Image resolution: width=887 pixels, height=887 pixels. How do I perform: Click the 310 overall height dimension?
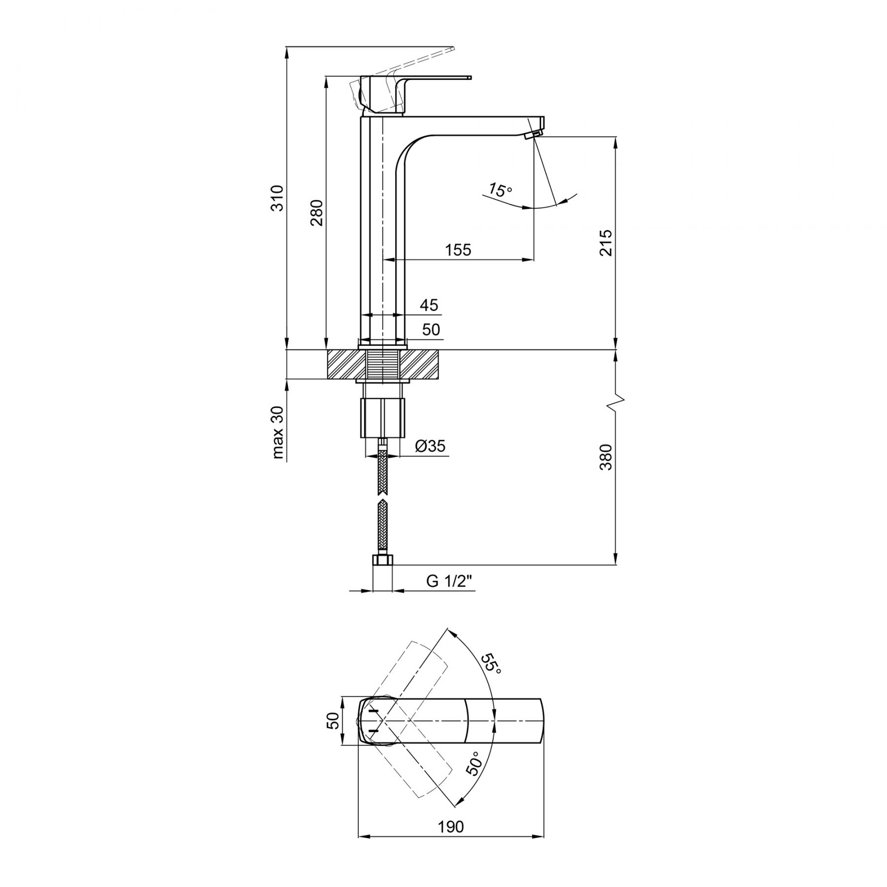(x=278, y=198)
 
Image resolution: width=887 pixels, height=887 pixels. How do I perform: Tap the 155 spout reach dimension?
(x=458, y=250)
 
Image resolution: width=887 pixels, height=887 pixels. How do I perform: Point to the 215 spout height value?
(x=606, y=242)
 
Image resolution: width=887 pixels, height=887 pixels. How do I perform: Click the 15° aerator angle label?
(x=501, y=189)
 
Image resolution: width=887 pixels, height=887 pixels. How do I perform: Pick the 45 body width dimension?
(x=429, y=305)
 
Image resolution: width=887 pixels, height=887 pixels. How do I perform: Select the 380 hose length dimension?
(x=606, y=457)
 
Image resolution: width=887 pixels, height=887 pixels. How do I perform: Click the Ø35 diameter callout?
(x=430, y=446)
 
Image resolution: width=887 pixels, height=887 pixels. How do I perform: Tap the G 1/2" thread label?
(x=449, y=581)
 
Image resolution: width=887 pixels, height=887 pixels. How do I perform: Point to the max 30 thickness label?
(x=278, y=433)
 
